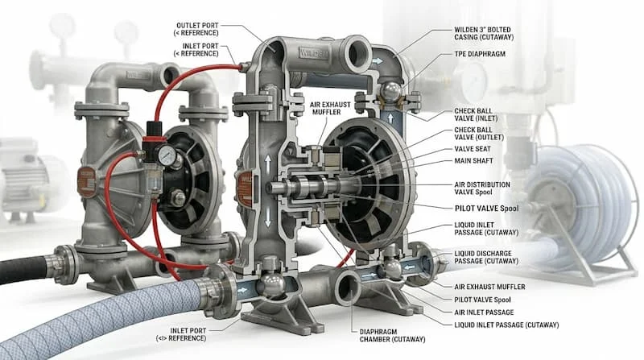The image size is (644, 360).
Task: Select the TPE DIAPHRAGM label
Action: [x=480, y=54]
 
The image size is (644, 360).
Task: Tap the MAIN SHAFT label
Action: [x=473, y=161]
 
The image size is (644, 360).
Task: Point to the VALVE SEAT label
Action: [x=473, y=149]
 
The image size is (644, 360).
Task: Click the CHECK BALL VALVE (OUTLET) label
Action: [x=479, y=134]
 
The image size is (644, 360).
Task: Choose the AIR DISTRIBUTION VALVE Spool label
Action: [x=482, y=188]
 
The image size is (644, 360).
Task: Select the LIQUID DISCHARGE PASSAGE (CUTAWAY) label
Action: [x=486, y=257]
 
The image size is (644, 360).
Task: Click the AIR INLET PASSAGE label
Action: [x=484, y=312]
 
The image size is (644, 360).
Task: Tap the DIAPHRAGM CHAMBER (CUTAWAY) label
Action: [x=392, y=335]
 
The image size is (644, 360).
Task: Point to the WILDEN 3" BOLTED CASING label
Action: [x=484, y=33]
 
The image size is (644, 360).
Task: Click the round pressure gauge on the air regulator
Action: [x=167, y=155]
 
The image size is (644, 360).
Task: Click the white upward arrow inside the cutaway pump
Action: [x=268, y=164]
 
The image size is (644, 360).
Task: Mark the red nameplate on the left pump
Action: [x=86, y=181]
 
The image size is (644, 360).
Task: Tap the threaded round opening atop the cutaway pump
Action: [x=358, y=52]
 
